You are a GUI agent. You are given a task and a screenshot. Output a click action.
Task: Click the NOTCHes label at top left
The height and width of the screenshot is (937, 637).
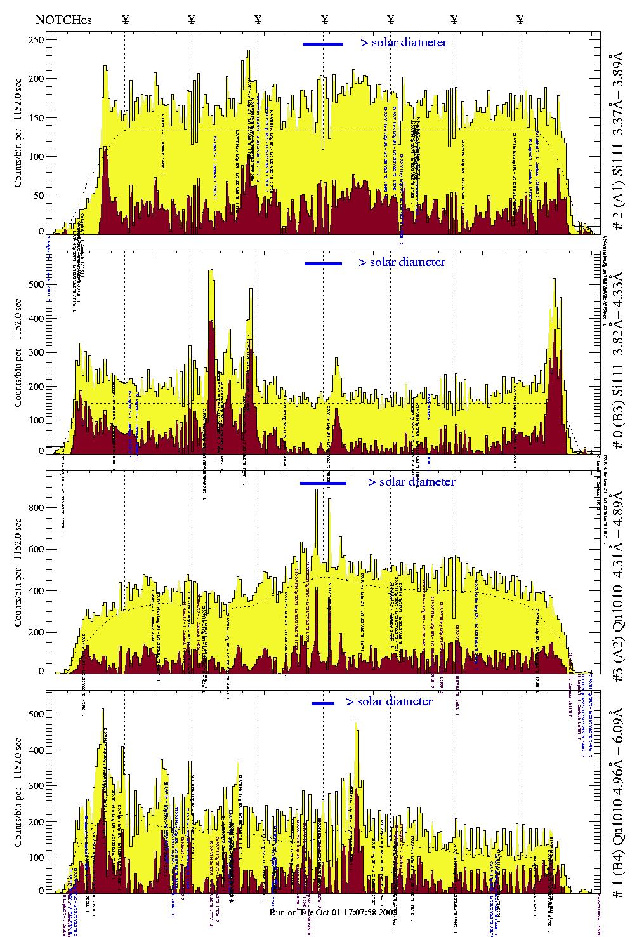point(63,20)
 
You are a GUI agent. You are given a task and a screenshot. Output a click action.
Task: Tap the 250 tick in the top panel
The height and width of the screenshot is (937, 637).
point(36,40)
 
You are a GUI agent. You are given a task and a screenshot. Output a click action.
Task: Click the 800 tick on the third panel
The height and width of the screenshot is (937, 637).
point(36,508)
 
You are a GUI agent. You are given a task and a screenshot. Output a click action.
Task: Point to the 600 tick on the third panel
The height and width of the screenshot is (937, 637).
point(36,549)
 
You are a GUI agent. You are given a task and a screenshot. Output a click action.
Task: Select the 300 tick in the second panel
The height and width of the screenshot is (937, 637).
point(36,352)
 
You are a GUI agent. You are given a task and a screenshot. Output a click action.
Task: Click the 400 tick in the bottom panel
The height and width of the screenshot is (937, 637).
point(36,750)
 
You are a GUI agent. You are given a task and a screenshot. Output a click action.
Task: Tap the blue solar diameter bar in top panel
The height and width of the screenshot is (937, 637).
point(323,44)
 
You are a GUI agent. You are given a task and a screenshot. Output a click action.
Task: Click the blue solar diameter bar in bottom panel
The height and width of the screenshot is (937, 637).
point(323,703)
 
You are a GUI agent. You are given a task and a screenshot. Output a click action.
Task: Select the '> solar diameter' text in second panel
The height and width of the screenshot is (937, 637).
point(402,262)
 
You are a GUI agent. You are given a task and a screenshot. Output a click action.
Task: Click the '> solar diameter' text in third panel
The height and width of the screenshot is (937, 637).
point(411,482)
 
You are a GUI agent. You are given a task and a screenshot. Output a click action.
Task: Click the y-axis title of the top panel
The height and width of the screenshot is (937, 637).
point(18,133)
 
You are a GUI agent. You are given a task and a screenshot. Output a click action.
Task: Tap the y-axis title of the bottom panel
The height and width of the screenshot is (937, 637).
point(18,792)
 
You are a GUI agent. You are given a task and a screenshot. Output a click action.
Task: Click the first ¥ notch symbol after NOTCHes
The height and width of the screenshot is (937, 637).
point(125,20)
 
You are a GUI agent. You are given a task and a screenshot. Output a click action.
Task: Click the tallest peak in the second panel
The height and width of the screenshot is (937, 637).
point(211,272)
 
